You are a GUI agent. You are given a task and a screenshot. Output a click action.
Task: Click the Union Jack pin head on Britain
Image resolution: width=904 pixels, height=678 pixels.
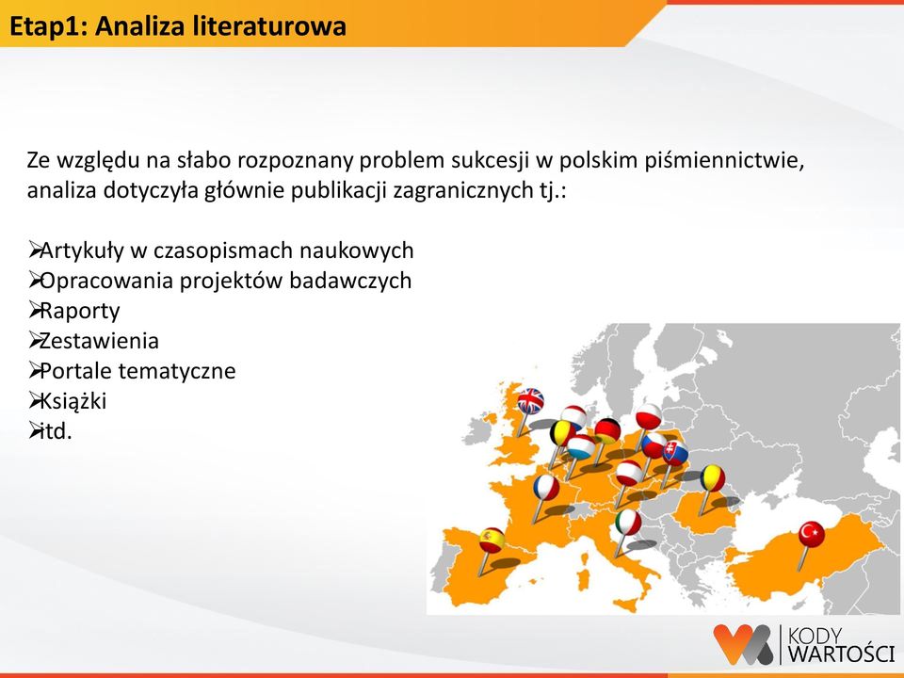530,401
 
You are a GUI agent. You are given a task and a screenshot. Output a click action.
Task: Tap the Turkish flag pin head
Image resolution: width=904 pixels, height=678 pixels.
811,534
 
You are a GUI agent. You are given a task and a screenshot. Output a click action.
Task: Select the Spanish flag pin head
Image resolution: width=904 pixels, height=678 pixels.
492,541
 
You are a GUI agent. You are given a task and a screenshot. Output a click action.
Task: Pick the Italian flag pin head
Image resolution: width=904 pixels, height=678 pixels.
628,523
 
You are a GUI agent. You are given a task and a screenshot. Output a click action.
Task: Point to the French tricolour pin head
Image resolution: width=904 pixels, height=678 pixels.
546,488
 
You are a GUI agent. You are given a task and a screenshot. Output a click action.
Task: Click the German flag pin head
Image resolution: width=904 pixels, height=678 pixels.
607,430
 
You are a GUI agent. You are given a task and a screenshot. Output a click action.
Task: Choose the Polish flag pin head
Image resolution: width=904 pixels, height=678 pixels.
649,416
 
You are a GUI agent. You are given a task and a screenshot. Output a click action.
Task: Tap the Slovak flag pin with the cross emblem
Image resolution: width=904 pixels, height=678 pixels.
674,453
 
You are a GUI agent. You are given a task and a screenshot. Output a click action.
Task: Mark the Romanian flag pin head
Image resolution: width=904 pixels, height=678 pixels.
713,478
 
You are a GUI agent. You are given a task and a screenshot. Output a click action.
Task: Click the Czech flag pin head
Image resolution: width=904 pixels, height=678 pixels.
654,444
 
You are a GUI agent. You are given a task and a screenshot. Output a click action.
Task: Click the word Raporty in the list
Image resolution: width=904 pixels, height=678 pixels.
79,312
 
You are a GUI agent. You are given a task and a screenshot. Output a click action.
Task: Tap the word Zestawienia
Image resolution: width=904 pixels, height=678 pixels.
99,341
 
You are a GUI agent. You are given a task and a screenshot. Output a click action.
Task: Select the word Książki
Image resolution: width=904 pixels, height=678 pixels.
73,401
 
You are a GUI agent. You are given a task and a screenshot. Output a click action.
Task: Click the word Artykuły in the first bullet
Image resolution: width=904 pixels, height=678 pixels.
81,251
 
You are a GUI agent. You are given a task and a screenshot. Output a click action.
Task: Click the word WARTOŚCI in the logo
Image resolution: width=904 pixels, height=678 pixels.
841,654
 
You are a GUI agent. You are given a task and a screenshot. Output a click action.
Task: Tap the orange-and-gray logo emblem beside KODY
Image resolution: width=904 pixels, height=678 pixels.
743,643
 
